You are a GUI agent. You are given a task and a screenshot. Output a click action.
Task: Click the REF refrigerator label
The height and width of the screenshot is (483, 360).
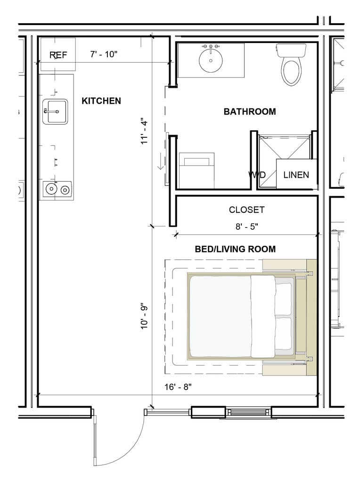tap(58, 55)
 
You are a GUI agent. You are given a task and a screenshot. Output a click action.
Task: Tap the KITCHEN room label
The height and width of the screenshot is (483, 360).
tap(101, 101)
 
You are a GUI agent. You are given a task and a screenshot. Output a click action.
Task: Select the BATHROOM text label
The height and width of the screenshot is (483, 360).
tap(250, 111)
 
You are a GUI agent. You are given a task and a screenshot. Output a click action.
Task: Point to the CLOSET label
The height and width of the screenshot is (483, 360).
tap(246, 210)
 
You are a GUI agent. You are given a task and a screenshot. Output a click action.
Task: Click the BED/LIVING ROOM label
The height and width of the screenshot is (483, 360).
tap(235, 249)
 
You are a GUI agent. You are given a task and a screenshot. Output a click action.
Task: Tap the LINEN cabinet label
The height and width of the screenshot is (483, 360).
tap(296, 175)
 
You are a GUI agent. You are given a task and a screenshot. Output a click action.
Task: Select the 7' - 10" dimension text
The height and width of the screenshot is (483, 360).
tap(104, 54)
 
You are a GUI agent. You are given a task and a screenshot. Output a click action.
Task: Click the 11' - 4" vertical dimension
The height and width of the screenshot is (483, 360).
tap(144, 131)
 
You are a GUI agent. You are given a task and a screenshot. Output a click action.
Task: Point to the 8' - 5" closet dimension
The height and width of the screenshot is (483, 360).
tap(247, 227)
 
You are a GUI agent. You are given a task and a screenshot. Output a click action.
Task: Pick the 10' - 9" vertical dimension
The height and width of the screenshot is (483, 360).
tap(144, 317)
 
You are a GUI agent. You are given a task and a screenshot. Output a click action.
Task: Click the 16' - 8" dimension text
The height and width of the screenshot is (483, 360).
tap(178, 387)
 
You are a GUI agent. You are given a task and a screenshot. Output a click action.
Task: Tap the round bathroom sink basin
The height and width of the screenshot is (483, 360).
tap(211, 60)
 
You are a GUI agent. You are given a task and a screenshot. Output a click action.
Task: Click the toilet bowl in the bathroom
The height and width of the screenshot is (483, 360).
tap(291, 72)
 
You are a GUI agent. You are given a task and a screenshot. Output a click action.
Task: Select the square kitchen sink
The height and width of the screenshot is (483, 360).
tap(55, 111)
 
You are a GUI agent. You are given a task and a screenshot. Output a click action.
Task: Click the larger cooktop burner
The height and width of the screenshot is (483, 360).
tap(51, 189)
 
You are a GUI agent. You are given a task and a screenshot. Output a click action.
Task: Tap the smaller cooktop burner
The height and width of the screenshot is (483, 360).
tap(65, 190)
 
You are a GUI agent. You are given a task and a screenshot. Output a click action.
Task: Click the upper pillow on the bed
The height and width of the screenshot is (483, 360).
tap(283, 299)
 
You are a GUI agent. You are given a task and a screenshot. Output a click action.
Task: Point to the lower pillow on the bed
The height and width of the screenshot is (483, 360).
tap(283, 334)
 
